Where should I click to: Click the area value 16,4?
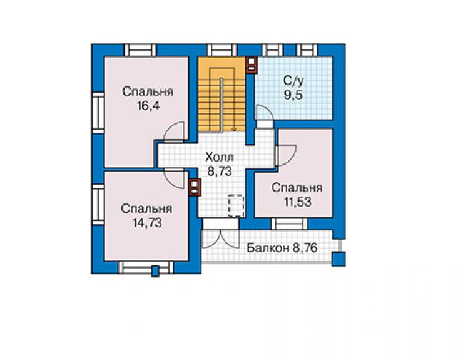tap(148, 106)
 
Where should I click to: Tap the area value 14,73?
tap(147, 222)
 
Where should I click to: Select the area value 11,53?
tap(298, 202)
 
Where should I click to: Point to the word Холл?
tap(220, 157)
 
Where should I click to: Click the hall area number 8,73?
tap(220, 171)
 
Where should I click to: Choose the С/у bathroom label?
tap(293, 80)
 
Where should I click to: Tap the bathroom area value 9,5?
tap(293, 95)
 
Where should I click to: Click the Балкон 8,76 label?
tap(282, 248)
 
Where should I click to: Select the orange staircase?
tap(221, 95)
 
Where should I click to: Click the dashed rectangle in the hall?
tap(237, 206)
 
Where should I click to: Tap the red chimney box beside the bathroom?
tap(252, 64)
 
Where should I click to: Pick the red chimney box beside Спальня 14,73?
tap(195, 187)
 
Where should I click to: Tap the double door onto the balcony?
tap(220, 239)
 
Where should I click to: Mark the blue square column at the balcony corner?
tap(338, 259)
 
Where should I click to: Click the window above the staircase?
tap(221, 50)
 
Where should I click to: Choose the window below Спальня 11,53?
tap(289, 224)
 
